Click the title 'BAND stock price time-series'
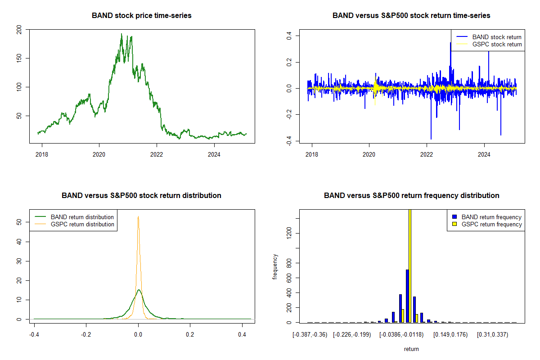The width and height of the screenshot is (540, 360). [141, 16]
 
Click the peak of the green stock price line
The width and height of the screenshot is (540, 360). [121, 34]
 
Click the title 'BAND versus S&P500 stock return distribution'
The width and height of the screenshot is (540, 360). [141, 196]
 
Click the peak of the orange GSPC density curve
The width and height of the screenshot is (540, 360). [138, 217]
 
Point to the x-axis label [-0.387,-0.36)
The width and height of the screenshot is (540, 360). [310, 335]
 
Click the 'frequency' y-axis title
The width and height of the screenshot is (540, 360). [275, 267]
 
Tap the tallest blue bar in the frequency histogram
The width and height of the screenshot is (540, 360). [407, 296]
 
